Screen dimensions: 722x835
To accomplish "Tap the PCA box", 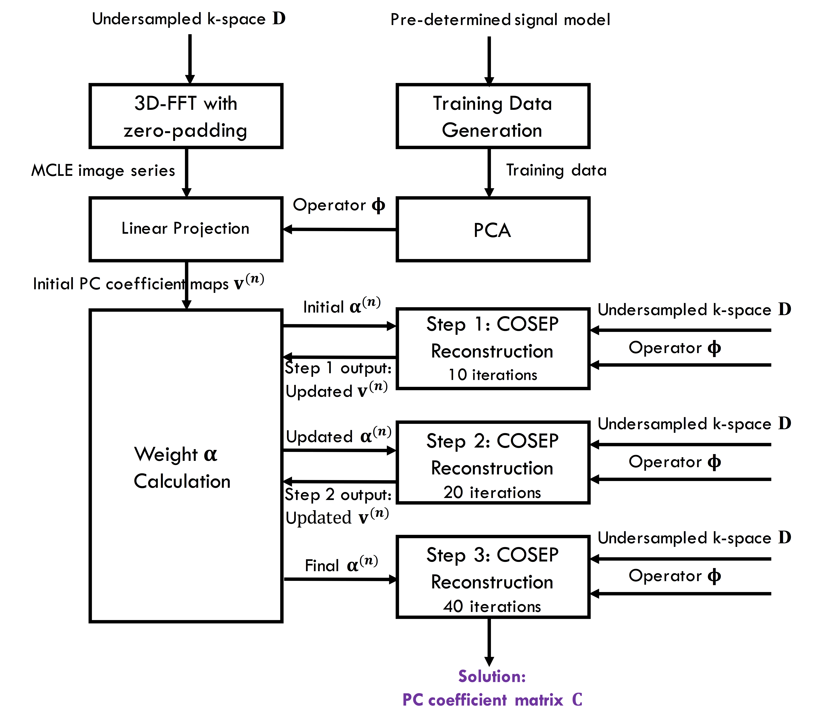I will click(492, 230).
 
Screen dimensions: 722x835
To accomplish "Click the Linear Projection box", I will click(186, 229).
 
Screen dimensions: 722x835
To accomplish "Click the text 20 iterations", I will click(492, 493).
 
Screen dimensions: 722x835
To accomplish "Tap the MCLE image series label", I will click(103, 170).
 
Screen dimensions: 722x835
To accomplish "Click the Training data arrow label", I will click(556, 170).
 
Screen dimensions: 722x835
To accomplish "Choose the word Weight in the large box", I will click(166, 455).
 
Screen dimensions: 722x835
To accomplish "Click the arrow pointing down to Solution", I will click(489, 641).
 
